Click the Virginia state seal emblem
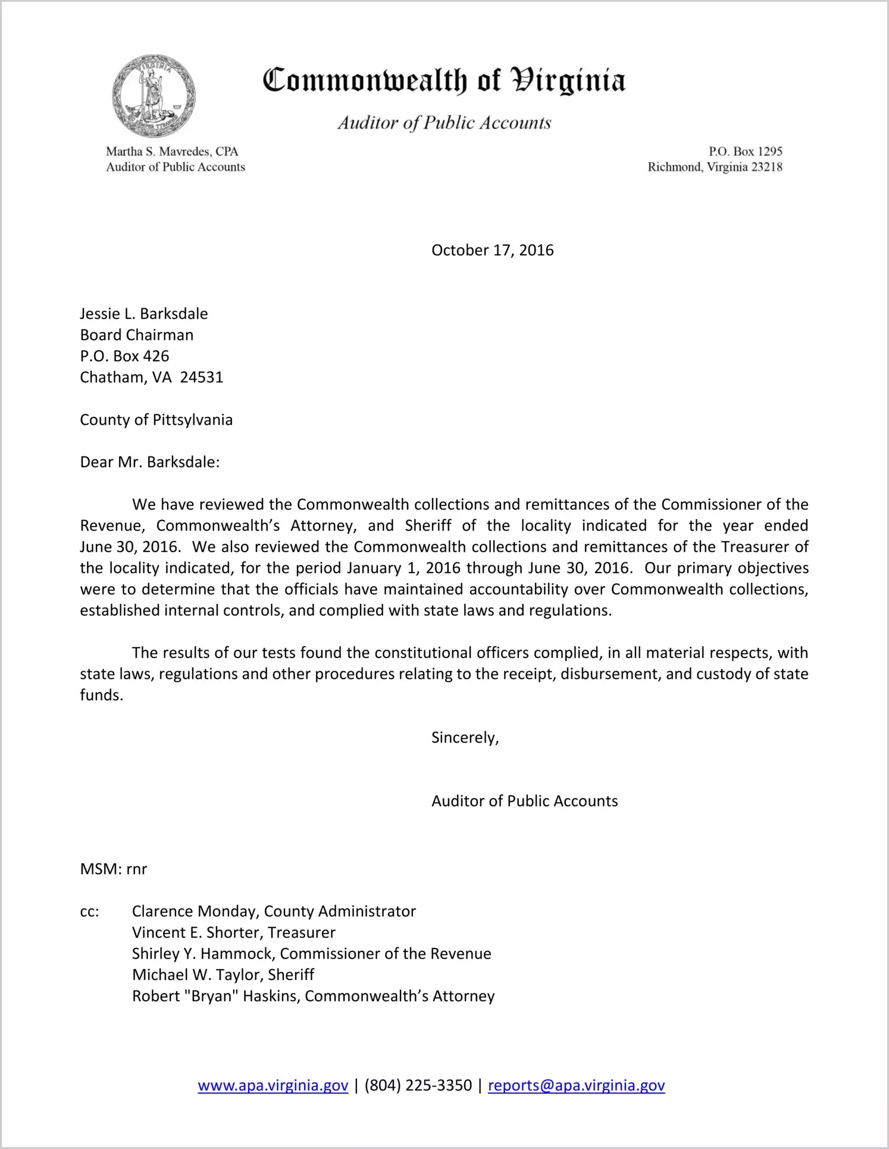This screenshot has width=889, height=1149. (154, 96)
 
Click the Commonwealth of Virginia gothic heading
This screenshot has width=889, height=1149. (444, 80)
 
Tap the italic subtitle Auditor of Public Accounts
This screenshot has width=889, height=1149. (444, 123)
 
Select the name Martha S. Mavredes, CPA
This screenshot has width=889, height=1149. (172, 151)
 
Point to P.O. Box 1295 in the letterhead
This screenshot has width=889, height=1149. (745, 151)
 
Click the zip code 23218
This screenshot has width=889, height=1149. (766, 167)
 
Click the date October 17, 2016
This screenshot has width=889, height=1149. (492, 250)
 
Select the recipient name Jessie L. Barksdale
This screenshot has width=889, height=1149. (144, 314)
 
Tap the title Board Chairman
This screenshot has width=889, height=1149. (137, 335)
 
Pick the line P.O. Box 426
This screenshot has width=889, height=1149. (124, 356)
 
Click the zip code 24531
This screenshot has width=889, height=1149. (201, 377)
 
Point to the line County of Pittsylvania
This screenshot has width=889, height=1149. (156, 419)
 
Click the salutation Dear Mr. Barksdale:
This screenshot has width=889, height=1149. (150, 462)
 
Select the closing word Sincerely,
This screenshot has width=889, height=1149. (465, 738)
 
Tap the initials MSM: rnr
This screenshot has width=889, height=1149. (113, 869)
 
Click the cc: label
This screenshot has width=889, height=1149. (89, 912)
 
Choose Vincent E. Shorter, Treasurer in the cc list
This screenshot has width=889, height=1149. (233, 932)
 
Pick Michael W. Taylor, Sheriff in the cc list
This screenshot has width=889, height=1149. (223, 975)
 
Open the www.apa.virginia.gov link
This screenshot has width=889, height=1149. (273, 1085)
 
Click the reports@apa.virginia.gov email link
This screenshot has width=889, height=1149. (576, 1085)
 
